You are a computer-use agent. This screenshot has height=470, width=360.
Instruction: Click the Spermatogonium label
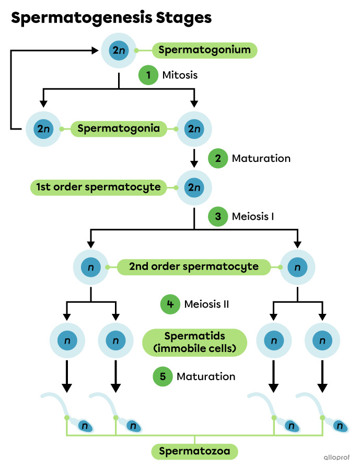[205, 51]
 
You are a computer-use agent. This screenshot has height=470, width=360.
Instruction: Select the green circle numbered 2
[218, 158]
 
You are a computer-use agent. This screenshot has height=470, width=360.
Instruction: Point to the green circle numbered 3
[218, 216]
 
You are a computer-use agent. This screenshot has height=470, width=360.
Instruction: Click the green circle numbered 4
[170, 304]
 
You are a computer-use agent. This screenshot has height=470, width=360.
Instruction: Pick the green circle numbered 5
[162, 377]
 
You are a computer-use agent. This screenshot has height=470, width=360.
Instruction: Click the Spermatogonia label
[119, 128]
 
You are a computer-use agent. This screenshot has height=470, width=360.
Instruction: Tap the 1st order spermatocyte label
[98, 187]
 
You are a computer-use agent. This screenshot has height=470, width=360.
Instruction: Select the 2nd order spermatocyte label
[194, 267]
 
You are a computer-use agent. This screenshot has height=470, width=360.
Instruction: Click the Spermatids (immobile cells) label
[194, 342]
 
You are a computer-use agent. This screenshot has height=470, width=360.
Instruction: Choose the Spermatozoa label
[194, 451]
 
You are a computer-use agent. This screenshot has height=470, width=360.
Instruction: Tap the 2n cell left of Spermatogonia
[43, 128]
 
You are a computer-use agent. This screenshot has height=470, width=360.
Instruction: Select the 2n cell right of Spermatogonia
[194, 128]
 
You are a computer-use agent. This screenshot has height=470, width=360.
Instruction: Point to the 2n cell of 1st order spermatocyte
[194, 187]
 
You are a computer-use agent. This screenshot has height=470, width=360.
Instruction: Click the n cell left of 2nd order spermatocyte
[91, 267]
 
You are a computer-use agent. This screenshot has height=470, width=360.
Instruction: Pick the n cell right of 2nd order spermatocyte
[297, 267]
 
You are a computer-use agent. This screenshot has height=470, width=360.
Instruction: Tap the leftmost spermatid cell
[67, 341]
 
